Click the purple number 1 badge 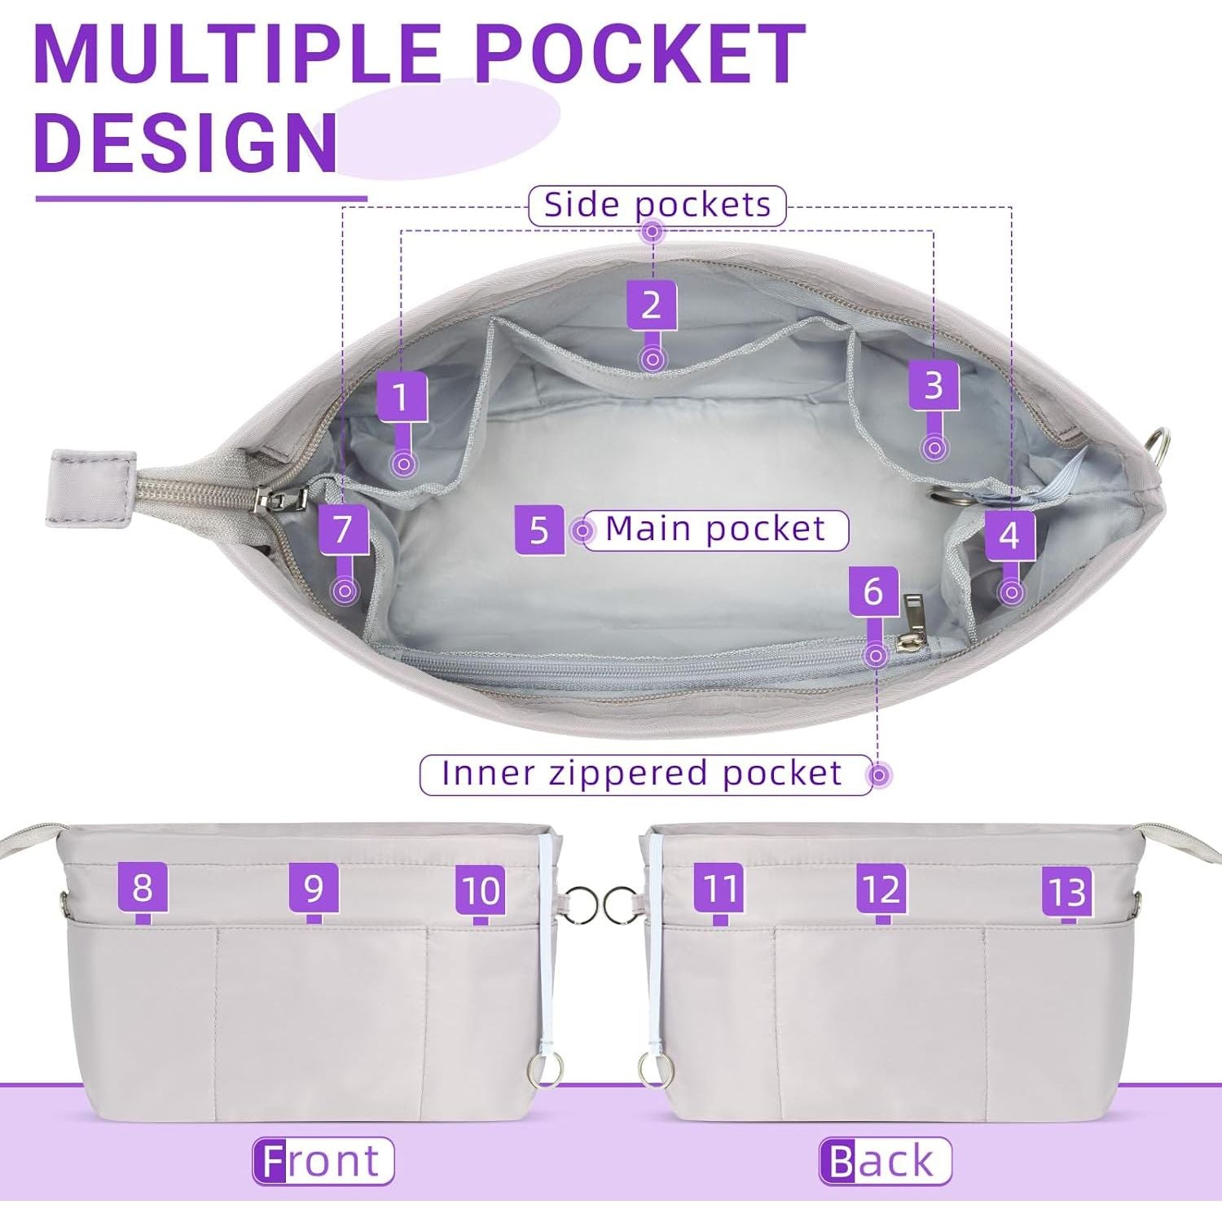402,397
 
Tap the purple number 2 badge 651,305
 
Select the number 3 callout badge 934,385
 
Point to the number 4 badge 1009,535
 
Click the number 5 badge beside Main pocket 539,530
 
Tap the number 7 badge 343,530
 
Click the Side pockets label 657,205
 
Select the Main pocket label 716,530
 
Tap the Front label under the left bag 323,1161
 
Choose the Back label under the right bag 885,1161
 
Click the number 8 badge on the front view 143,888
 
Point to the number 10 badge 481,890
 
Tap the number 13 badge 1067,891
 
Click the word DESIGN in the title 187,141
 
